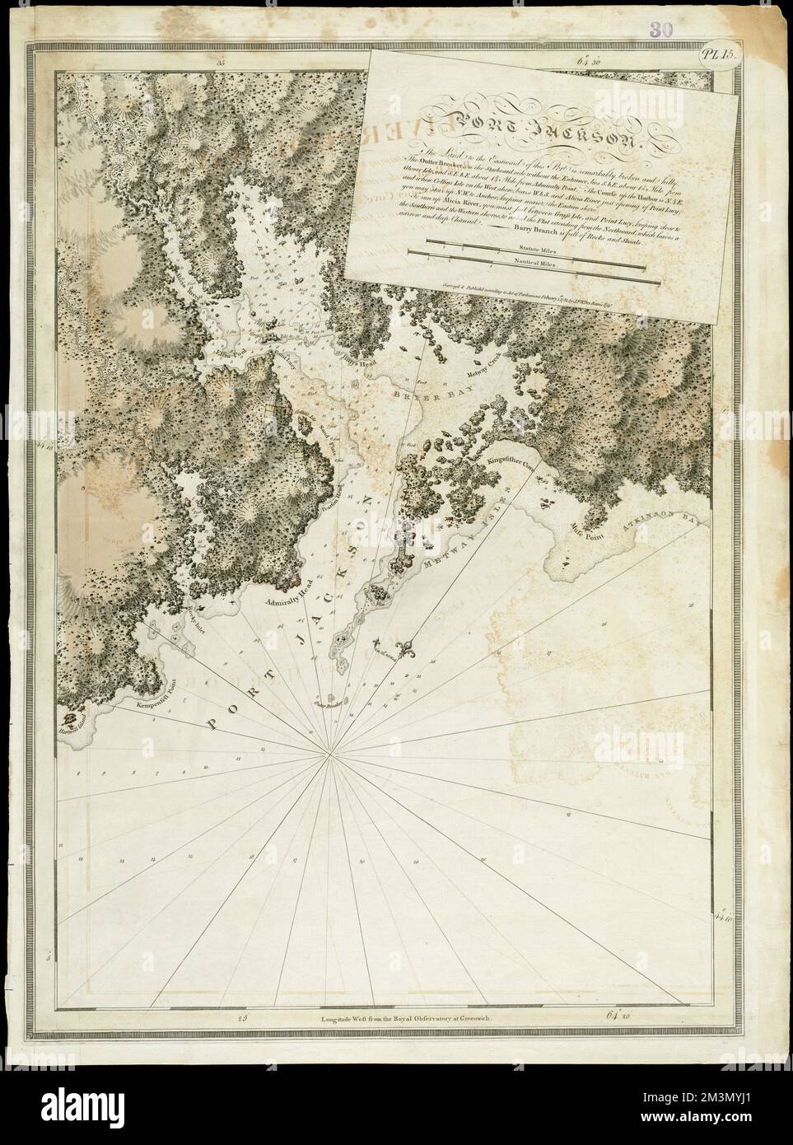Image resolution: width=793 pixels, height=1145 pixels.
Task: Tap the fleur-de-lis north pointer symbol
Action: point(405,643)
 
